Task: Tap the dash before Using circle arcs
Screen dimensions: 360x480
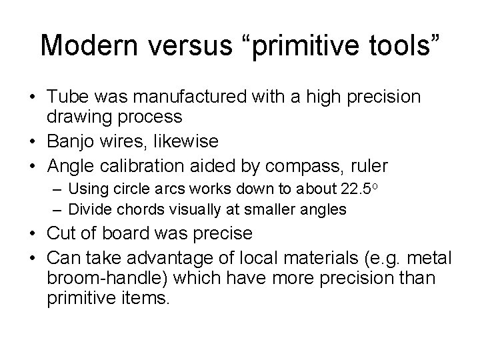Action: tap(58, 190)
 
